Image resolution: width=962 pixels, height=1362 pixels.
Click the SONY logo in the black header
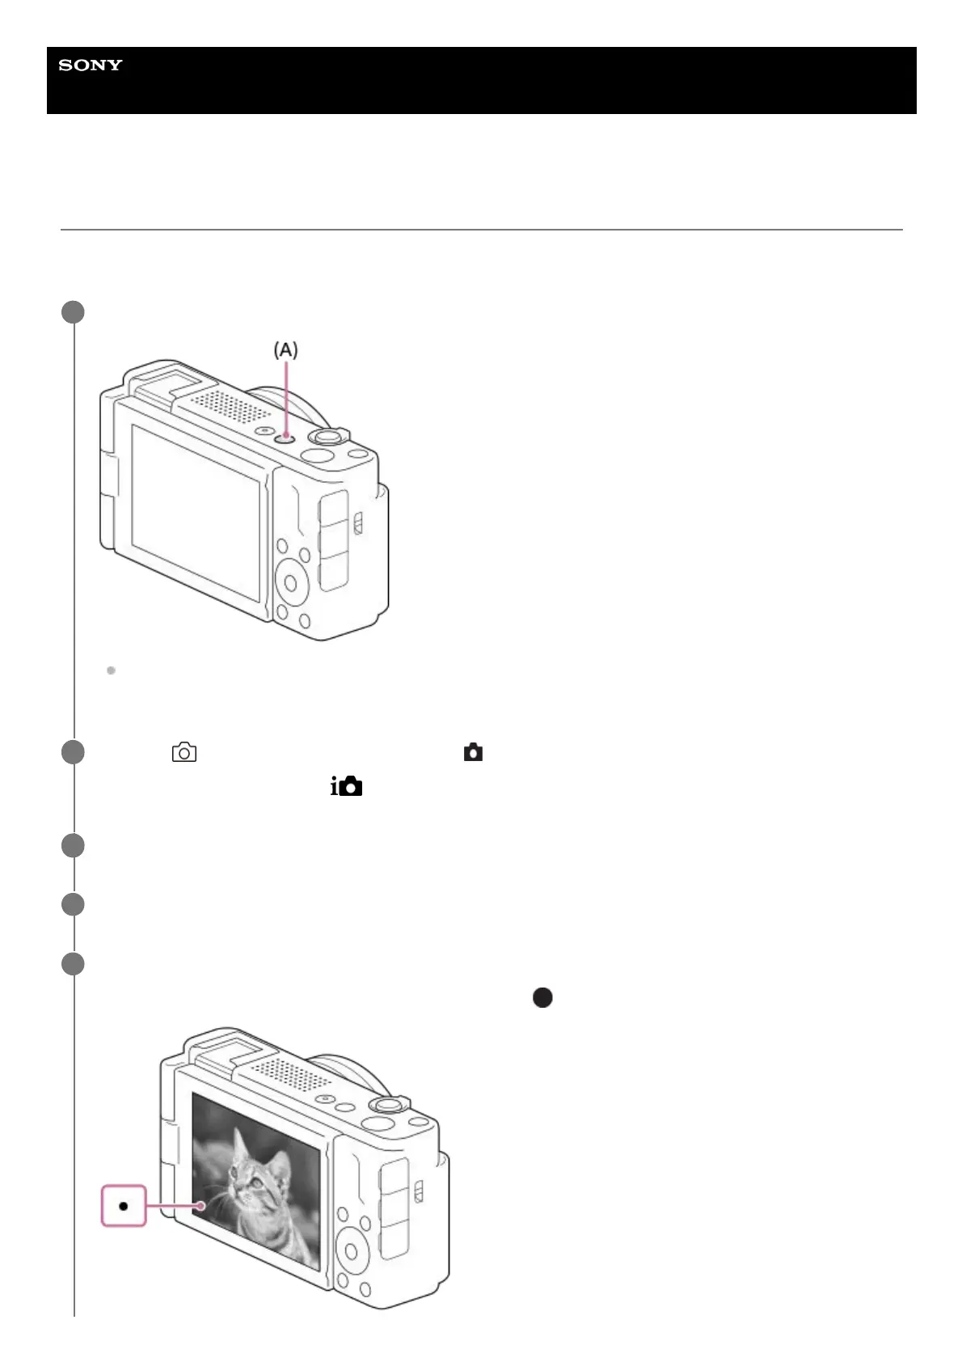[91, 66]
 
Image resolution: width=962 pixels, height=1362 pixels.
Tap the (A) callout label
[285, 350]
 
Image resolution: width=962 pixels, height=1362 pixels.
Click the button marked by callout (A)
[285, 437]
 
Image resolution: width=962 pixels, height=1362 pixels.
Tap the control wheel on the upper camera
[293, 580]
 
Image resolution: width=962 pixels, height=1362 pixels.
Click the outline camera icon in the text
[184, 753]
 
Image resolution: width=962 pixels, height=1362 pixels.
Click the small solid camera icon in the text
[473, 753]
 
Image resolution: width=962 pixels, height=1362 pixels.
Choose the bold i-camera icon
[346, 786]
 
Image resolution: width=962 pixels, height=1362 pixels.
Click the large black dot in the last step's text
[542, 997]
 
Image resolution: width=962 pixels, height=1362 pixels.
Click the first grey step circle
[74, 312]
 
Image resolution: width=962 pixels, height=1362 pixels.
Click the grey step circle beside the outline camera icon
[74, 752]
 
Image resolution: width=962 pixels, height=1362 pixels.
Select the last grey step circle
[74, 964]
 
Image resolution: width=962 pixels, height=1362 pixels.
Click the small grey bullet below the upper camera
[111, 670]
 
